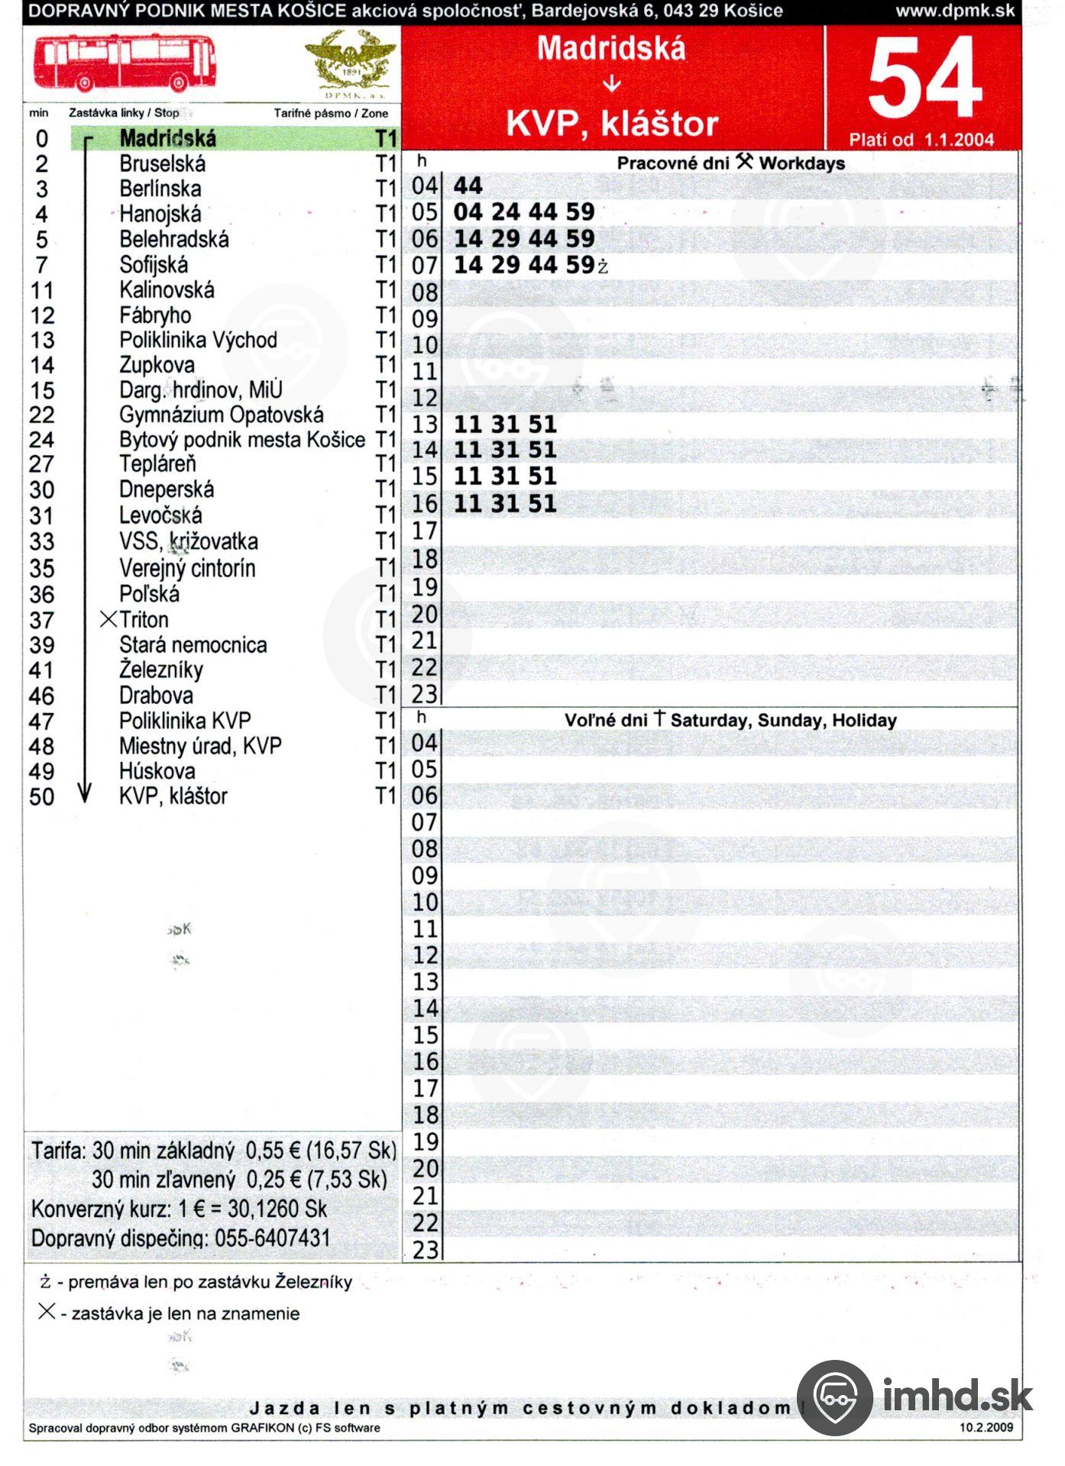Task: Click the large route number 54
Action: [924, 79]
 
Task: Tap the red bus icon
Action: [125, 63]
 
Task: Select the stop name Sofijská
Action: [154, 265]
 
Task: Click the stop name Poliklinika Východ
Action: [198, 340]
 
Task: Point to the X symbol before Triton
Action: [108, 619]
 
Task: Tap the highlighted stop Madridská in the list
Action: [168, 138]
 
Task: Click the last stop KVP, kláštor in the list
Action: [173, 796]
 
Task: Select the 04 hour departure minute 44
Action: [468, 186]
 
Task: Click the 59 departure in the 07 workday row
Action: [581, 265]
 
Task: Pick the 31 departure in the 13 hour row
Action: [505, 425]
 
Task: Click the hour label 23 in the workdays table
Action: [425, 694]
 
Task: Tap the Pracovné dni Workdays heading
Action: [730, 163]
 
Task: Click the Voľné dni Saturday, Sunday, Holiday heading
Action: [730, 720]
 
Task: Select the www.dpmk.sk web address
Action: [955, 11]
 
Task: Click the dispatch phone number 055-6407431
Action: [272, 1238]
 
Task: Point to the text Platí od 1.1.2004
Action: [921, 140]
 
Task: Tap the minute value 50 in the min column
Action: [42, 797]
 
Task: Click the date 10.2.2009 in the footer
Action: [986, 1427]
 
